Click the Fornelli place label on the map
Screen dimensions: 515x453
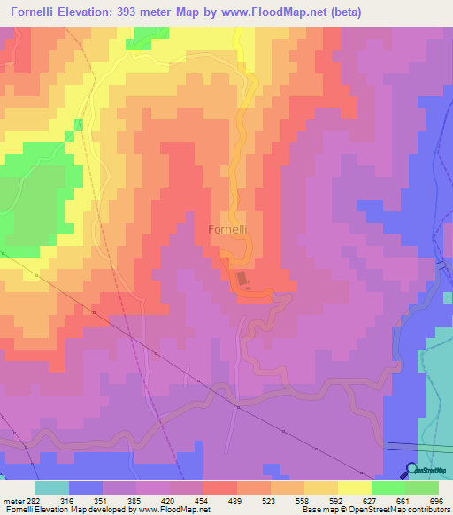pyautogui.click(x=226, y=229)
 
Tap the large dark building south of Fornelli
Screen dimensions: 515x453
pyautogui.click(x=241, y=280)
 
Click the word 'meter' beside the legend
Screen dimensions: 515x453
pyautogui.click(x=12, y=500)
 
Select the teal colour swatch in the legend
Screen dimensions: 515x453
pyautogui.click(x=51, y=488)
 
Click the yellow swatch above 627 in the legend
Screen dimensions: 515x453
pyautogui.click(x=354, y=488)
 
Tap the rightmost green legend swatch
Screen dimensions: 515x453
pyautogui.click(x=422, y=488)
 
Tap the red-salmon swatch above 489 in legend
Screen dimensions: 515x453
pyautogui.click(x=219, y=488)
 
